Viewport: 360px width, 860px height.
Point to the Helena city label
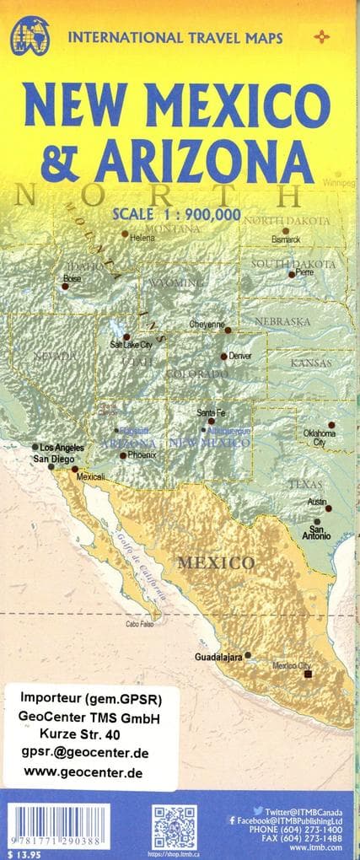pos(143,237)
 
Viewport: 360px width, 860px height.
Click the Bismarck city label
pos(287,239)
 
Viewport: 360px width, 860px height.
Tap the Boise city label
pos(72,277)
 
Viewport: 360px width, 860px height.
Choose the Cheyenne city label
pos(207,324)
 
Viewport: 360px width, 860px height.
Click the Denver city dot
pos(224,356)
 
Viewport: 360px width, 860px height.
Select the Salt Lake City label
pos(131,345)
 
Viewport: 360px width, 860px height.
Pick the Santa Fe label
pos(211,412)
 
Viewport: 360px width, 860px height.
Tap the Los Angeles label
pos(62,447)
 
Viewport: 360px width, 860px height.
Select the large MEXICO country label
pos(215,562)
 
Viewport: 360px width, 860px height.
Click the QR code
pos(175,829)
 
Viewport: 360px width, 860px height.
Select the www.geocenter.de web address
pos(83,772)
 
